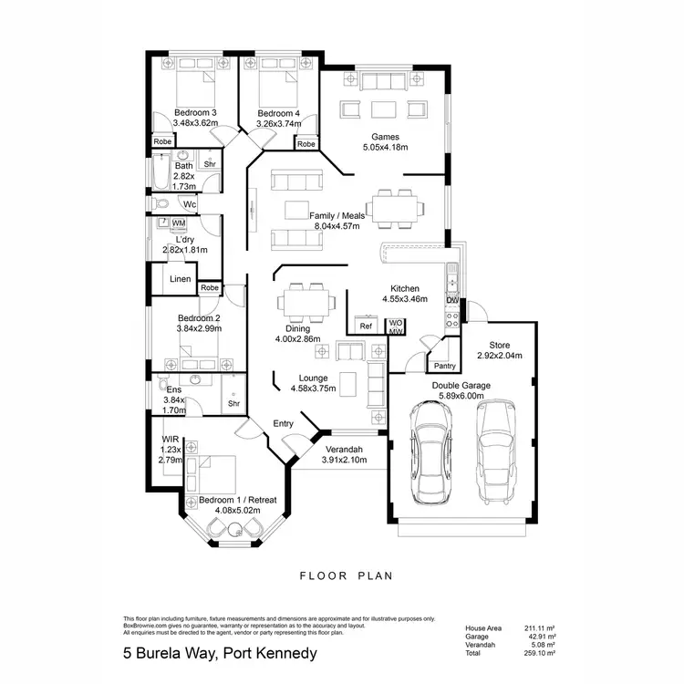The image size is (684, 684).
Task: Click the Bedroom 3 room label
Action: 194,112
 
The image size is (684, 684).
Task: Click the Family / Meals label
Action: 337,215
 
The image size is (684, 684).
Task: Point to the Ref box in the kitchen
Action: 366,326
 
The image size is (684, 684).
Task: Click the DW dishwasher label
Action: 451,300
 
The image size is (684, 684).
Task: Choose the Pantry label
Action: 444,366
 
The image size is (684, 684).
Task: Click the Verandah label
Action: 343,450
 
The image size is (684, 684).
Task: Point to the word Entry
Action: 284,423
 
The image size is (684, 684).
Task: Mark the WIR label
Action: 171,439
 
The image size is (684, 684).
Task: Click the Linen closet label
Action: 181,279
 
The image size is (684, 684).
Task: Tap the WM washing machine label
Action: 179,223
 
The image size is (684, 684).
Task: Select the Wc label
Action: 190,204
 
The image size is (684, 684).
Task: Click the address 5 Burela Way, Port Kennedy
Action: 220,653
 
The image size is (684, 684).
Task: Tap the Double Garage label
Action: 461,386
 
